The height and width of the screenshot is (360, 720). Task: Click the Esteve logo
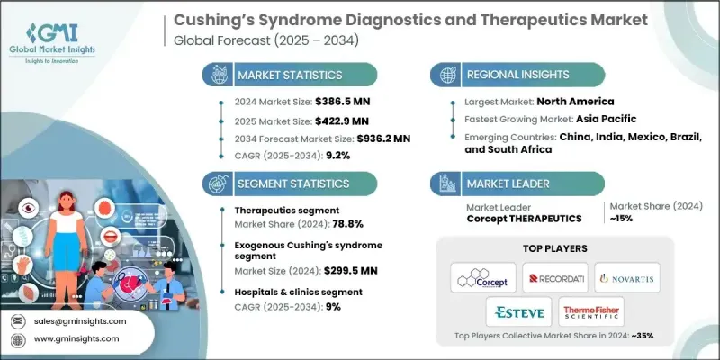[520, 312]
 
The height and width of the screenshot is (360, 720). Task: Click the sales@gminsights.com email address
[79, 320]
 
